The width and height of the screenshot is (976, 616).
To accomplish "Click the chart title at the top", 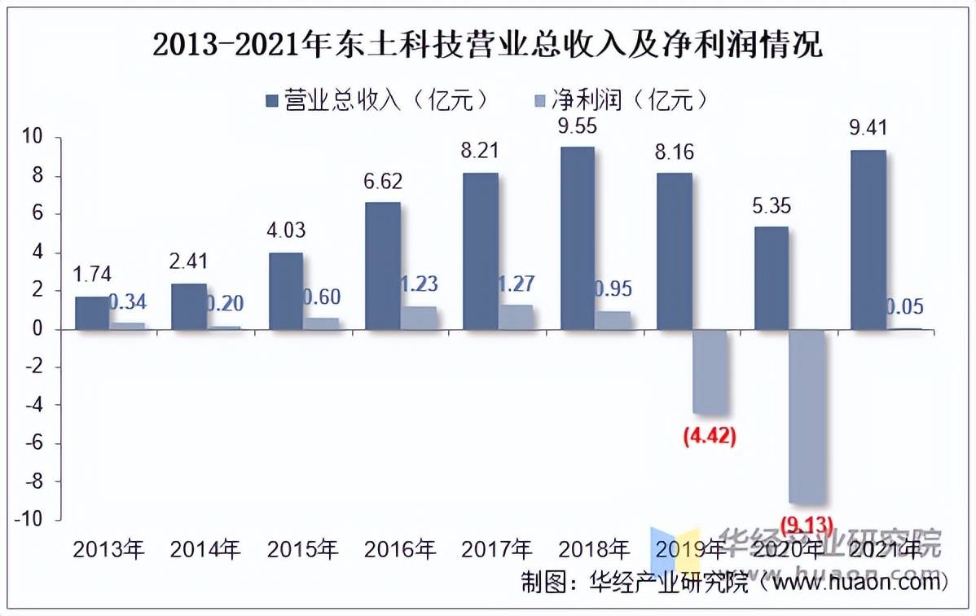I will tap(487, 45).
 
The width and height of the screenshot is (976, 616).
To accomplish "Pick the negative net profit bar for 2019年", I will tap(709, 371).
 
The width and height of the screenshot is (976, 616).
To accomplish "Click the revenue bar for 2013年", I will tap(91, 313).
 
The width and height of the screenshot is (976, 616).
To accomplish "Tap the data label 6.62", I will tap(382, 181).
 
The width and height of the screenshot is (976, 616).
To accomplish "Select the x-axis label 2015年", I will tap(302, 549).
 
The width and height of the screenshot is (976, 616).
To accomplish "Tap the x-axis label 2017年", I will tap(496, 549).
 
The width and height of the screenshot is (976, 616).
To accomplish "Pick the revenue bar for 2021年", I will tap(868, 240).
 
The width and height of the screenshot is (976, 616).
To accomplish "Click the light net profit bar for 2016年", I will tap(418, 318).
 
